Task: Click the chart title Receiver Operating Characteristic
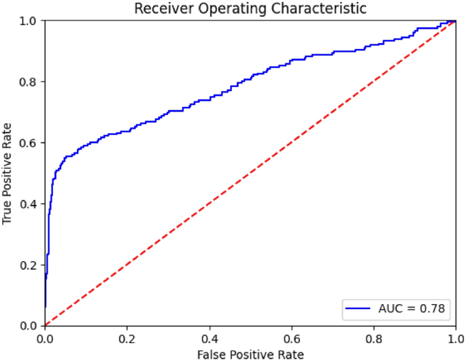(x=250, y=9)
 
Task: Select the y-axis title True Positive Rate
(x=8, y=174)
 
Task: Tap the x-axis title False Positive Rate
(x=250, y=353)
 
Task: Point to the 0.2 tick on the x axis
(x=127, y=336)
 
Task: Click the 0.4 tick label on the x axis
(x=210, y=336)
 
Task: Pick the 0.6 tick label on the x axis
(x=292, y=336)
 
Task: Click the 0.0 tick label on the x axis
(x=45, y=336)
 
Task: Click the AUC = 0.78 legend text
(x=412, y=309)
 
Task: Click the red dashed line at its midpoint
(x=250, y=173)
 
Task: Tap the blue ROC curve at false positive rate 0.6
(x=292, y=61)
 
